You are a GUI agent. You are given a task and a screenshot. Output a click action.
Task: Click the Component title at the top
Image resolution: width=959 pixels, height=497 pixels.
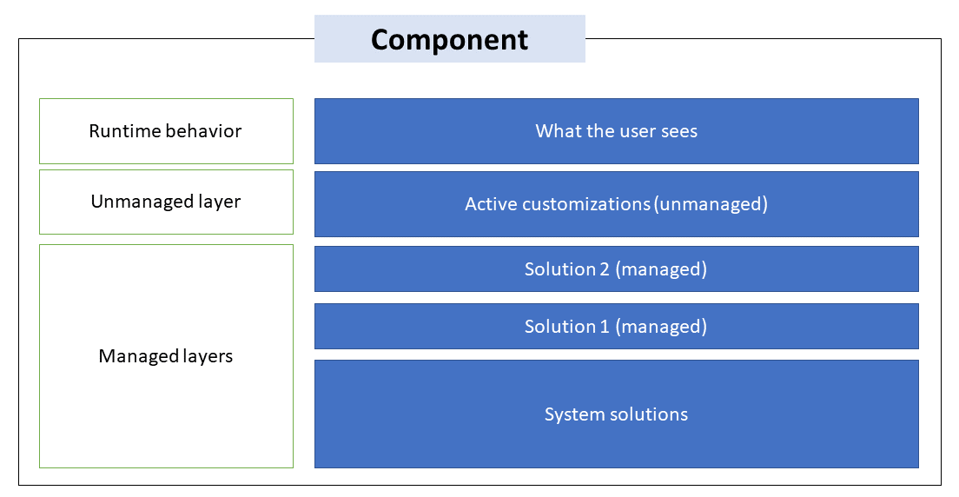click(x=449, y=40)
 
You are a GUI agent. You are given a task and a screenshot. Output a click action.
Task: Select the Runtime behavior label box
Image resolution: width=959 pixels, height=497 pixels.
click(x=166, y=131)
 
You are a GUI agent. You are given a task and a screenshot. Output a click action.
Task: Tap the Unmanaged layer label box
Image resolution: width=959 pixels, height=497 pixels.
click(x=166, y=202)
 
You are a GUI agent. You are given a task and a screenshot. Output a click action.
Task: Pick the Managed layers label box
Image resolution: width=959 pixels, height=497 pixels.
click(x=166, y=356)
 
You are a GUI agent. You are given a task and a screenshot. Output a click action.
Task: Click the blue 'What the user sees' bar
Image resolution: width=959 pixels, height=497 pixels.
click(x=616, y=131)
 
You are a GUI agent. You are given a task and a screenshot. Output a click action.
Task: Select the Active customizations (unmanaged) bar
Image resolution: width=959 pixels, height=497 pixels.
click(x=616, y=204)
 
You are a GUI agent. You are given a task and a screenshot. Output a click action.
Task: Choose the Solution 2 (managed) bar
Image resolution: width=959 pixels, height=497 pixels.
click(x=616, y=269)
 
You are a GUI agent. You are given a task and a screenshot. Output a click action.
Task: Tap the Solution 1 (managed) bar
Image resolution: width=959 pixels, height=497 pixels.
click(x=616, y=327)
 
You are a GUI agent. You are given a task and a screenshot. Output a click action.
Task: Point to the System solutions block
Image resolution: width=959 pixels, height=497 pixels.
click(x=616, y=414)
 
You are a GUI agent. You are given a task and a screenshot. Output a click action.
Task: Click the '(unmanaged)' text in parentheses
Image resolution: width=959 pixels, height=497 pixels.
click(x=711, y=204)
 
